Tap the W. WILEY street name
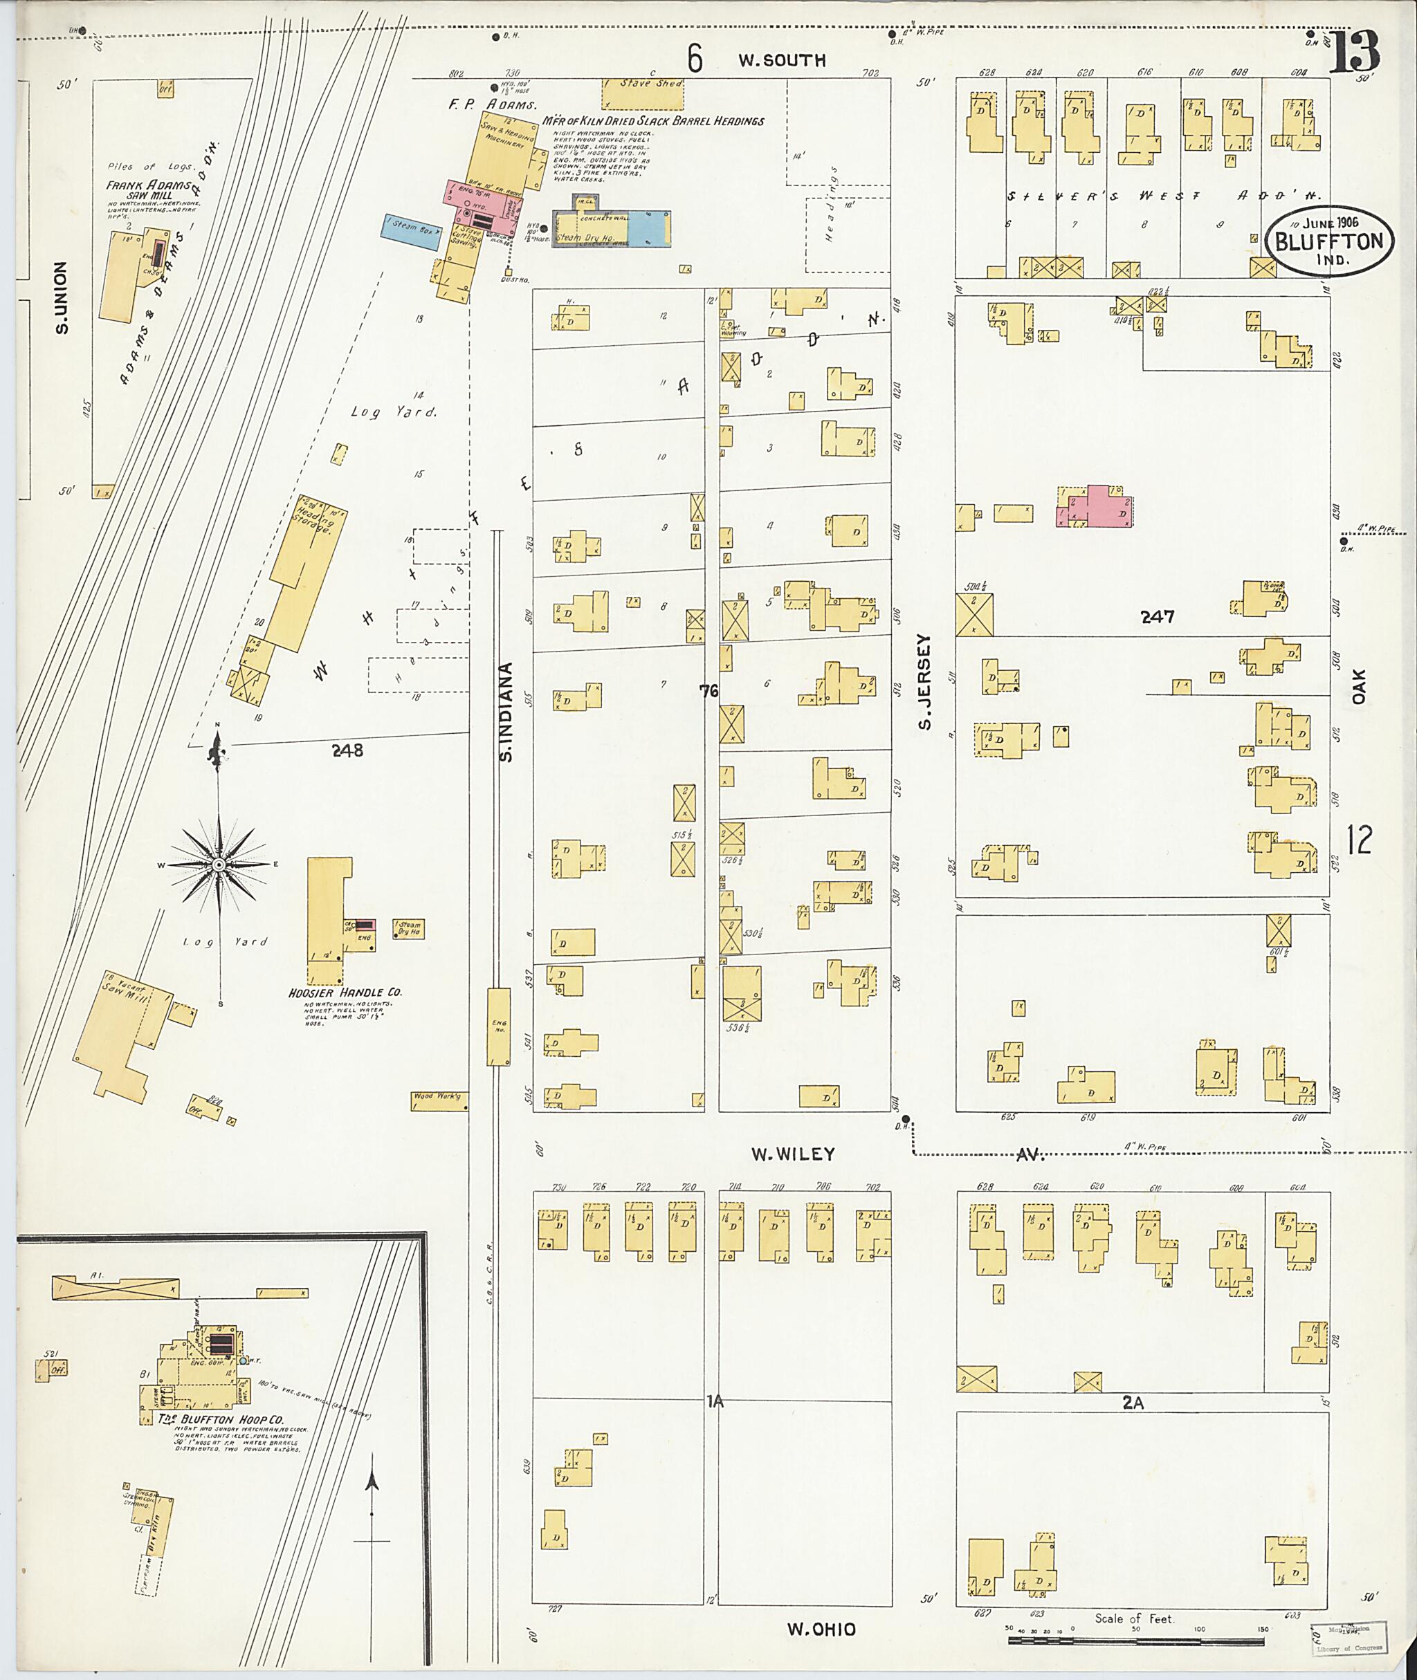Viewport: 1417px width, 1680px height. (793, 1154)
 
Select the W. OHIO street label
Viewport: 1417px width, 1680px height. (821, 1630)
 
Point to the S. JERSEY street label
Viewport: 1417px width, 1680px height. (925, 682)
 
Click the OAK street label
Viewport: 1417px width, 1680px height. (1358, 687)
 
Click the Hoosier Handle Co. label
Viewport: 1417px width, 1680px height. (345, 993)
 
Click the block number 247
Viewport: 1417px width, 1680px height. (1158, 617)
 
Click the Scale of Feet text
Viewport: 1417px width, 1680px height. (1134, 1618)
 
